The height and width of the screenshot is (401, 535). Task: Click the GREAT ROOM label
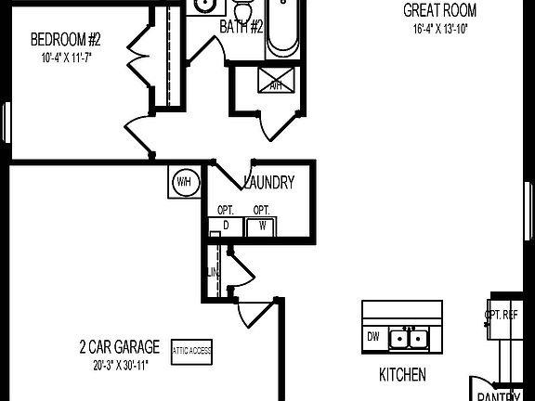click(439, 11)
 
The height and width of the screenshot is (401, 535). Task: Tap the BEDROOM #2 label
click(66, 40)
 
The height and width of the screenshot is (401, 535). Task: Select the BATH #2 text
click(240, 27)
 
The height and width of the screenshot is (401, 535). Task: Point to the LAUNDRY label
click(269, 182)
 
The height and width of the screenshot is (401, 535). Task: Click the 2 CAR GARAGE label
click(119, 348)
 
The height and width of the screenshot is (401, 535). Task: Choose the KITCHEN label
click(402, 375)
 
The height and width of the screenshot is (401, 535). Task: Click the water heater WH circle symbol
click(182, 181)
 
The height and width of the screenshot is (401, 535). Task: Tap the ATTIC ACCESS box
click(191, 350)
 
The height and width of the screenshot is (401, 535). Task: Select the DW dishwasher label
click(373, 337)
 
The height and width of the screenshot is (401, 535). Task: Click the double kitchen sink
click(409, 339)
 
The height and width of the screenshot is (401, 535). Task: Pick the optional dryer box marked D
click(226, 226)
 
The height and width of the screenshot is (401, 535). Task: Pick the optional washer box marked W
click(262, 226)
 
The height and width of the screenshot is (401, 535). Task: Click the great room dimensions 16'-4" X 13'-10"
click(439, 29)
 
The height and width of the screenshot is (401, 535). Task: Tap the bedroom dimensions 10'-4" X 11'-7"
click(66, 57)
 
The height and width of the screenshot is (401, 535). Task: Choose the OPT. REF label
click(502, 315)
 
